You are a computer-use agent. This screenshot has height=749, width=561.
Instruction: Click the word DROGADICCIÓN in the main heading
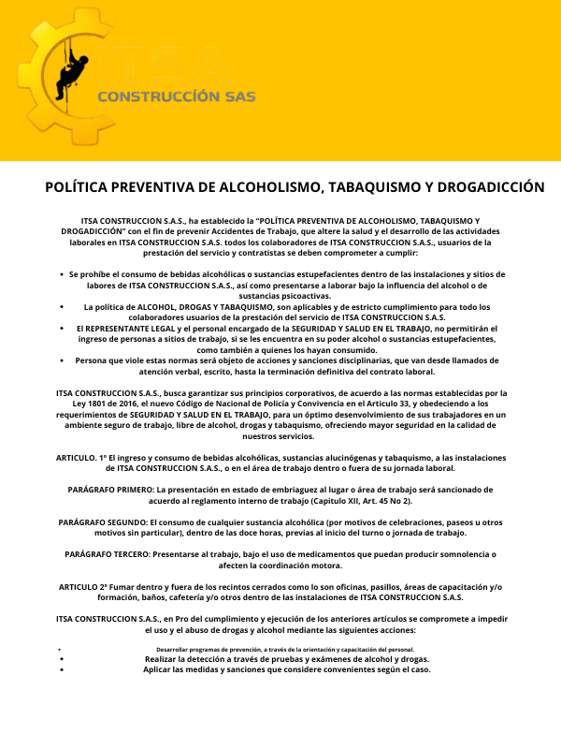click(484, 187)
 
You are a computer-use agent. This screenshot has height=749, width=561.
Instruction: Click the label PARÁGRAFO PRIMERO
click(110, 489)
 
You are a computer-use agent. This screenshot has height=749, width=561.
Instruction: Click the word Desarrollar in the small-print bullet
click(175, 649)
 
